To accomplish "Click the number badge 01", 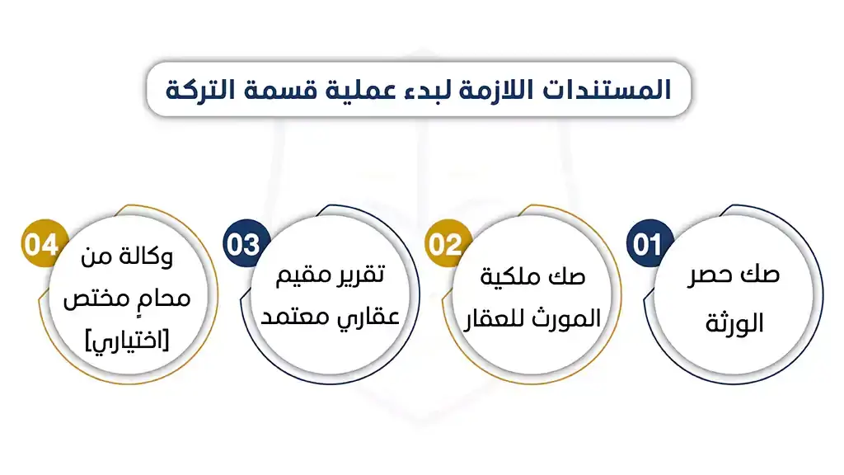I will (x=649, y=245).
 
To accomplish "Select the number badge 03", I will (x=243, y=245).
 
